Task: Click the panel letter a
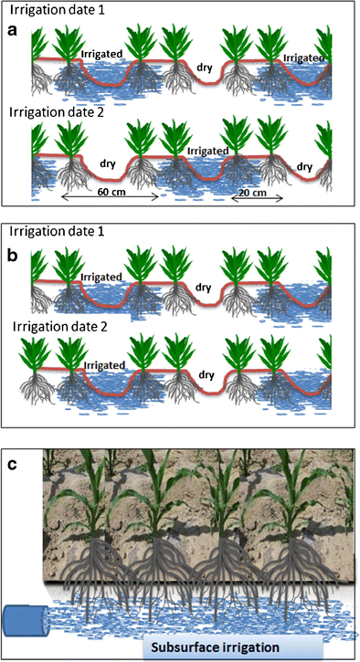[13, 30]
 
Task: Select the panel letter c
[13, 462]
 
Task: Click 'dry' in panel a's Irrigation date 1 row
[205, 66]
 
